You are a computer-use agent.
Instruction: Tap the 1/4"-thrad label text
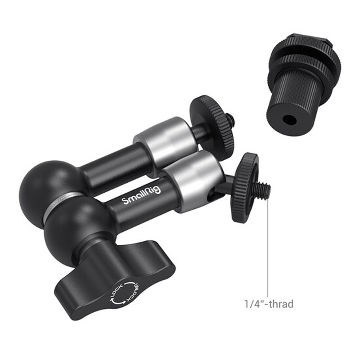coord(269,304)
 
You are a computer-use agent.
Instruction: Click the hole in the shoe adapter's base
coord(287,119)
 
